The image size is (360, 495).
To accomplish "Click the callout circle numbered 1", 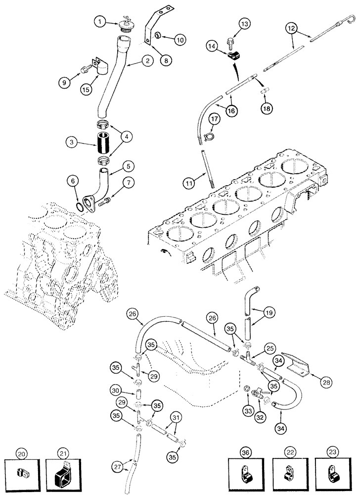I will coord(100,21).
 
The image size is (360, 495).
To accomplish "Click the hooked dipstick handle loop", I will coord(353,19).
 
